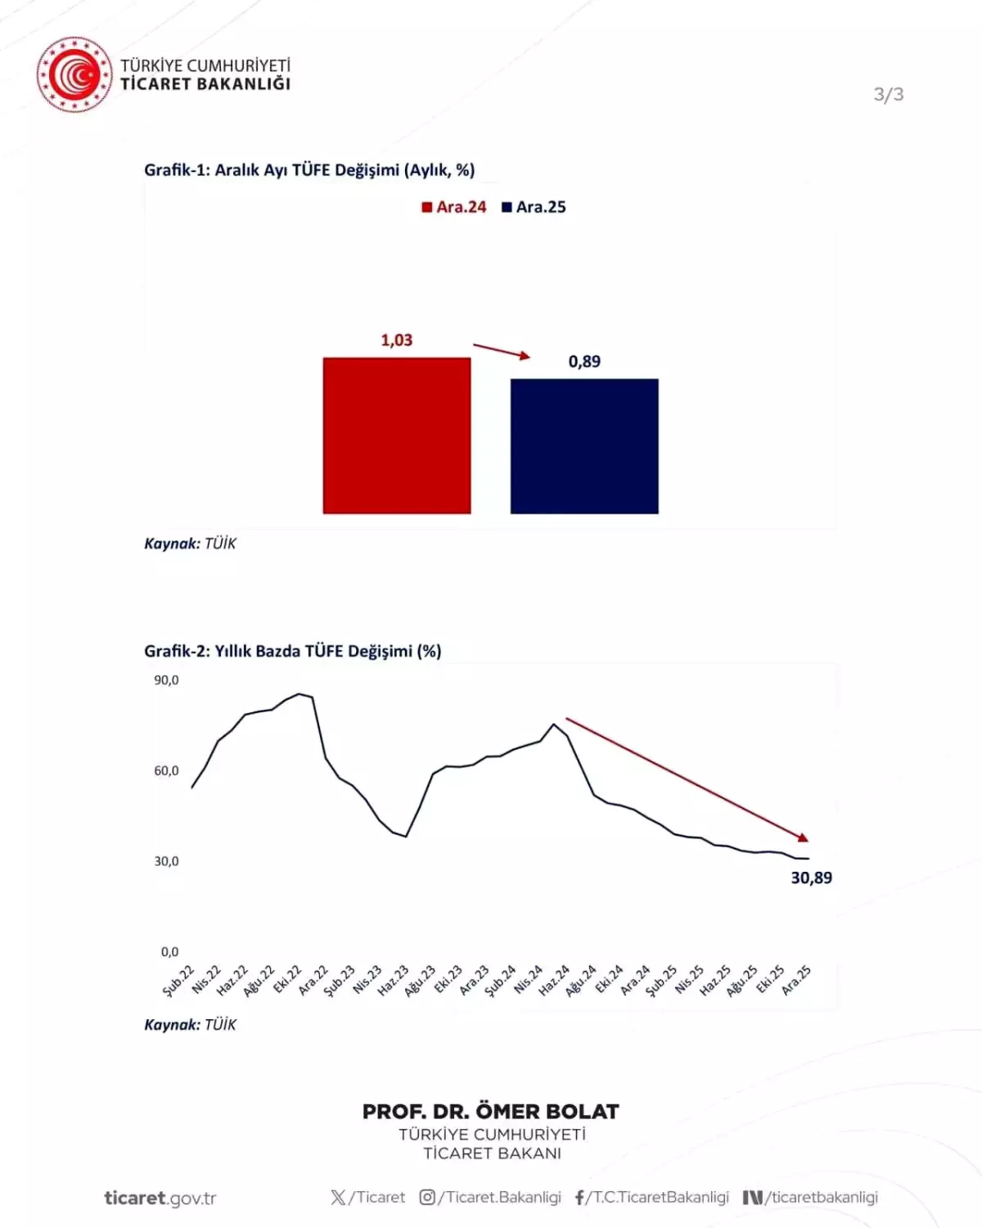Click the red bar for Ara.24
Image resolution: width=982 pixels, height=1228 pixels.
397,436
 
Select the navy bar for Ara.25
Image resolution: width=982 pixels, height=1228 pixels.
584,446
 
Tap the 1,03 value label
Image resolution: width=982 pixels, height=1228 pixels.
397,340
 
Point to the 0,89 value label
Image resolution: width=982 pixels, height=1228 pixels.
584,361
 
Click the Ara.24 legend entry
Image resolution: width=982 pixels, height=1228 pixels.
454,207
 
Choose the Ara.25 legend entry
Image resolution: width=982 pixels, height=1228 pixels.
534,207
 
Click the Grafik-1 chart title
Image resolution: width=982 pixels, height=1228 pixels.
309,169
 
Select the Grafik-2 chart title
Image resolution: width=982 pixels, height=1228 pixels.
292,651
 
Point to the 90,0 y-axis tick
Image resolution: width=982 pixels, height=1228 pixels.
166,680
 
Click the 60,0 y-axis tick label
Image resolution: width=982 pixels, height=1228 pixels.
166,770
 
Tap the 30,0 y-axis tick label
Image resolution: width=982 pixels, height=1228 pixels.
166,861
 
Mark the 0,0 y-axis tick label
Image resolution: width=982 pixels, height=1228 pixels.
169,951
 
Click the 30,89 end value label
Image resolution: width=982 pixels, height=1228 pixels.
811,878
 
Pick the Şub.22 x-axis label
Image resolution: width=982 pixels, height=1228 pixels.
178,980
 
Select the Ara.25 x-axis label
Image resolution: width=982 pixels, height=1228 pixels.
796,980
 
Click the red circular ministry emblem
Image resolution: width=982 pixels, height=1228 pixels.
74,74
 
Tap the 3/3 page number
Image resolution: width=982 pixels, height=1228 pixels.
889,94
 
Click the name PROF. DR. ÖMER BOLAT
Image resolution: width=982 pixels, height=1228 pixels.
491,1112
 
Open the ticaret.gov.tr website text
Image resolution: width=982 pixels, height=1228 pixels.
160,1198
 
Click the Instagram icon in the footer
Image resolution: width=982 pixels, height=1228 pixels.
427,1198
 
